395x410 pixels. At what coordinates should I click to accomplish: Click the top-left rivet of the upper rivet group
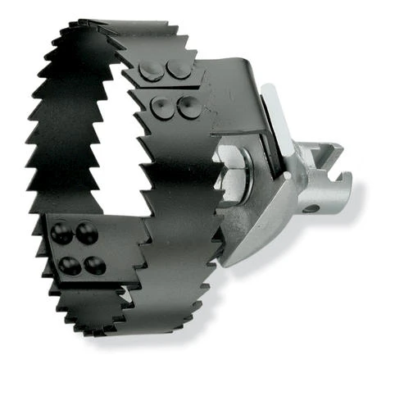pos(150,71)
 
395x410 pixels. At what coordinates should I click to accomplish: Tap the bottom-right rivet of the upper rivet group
pos(188,105)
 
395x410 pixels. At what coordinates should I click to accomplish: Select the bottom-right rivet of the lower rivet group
pos(96,265)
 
